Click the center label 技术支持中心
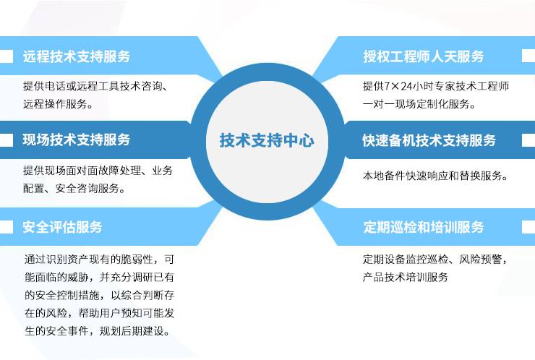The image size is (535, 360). pyautogui.click(x=267, y=140)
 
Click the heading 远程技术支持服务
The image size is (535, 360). pyautogui.click(x=77, y=56)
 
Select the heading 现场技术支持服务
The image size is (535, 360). pyautogui.click(x=77, y=140)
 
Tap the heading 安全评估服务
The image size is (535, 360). pyautogui.click(x=62, y=227)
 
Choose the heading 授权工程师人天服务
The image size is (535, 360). pyautogui.click(x=424, y=56)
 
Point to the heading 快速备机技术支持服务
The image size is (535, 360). pyautogui.click(x=429, y=140)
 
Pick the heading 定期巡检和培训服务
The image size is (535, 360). pyautogui.click(x=424, y=227)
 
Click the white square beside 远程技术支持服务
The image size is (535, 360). pyautogui.click(x=7, y=56)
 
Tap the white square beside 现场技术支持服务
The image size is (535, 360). pyautogui.click(x=7, y=140)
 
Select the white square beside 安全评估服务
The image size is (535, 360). pyautogui.click(x=7, y=227)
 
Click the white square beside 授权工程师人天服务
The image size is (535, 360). pyautogui.click(x=528, y=56)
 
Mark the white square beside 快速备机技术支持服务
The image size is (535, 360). pyautogui.click(x=528, y=140)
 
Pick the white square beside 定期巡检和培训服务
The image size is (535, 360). pyautogui.click(x=528, y=227)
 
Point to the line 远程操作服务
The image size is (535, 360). pyautogui.click(x=58, y=103)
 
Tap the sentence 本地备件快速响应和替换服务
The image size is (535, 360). pyautogui.click(x=435, y=176)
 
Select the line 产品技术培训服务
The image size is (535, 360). pyautogui.click(x=406, y=277)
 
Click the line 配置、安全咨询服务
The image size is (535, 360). pyautogui.click(x=74, y=188)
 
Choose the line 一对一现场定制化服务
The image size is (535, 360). pyautogui.click(x=419, y=103)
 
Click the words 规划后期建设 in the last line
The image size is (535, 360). pyautogui.click(x=134, y=330)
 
